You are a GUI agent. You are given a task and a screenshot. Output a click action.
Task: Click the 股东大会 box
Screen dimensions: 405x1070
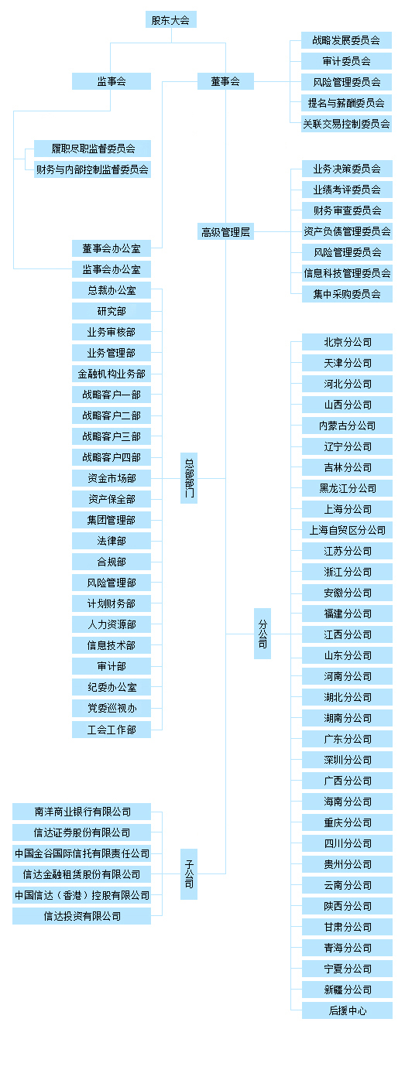[x=170, y=19]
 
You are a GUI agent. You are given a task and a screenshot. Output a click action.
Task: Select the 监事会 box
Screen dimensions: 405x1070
[x=112, y=81]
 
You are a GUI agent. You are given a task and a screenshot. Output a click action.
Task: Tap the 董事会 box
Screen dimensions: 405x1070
[x=225, y=81]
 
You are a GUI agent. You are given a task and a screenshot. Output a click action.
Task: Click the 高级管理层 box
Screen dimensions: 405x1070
[x=225, y=231]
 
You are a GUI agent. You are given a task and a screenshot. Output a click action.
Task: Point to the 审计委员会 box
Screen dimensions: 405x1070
[x=347, y=61]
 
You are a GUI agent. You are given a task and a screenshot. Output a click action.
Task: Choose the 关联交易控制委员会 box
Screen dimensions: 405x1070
[x=347, y=124]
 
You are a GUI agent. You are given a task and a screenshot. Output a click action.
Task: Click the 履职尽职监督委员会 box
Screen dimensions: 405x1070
[x=92, y=149]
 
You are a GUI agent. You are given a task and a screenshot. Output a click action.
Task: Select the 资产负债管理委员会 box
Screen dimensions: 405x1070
[x=347, y=231]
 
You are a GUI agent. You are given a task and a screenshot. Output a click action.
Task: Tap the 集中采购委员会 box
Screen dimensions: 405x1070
[x=347, y=294]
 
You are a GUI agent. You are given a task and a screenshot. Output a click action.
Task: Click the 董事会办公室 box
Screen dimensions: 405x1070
[x=112, y=248]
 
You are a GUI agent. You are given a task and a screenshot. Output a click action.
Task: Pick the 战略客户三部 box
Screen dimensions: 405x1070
[x=112, y=436]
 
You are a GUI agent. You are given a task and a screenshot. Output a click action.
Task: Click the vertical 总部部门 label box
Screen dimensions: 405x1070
[x=189, y=478]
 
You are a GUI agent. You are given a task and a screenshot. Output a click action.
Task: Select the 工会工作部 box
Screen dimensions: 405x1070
[x=112, y=730]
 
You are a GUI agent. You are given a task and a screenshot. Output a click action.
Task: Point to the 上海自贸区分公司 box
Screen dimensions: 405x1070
[x=347, y=530]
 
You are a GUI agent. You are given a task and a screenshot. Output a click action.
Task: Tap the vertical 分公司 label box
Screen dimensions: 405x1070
[x=263, y=634]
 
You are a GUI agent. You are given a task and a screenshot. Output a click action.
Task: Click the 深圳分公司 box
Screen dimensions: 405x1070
[x=347, y=760]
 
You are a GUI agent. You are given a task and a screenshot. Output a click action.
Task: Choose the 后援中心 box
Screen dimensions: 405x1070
[x=347, y=1010]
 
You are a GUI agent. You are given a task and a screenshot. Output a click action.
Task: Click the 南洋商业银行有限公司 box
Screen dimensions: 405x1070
[x=82, y=812]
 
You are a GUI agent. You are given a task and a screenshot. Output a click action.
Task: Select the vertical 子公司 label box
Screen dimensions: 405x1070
[x=189, y=874]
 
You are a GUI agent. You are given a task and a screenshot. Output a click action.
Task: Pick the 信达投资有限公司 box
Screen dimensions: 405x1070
[x=82, y=916]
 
